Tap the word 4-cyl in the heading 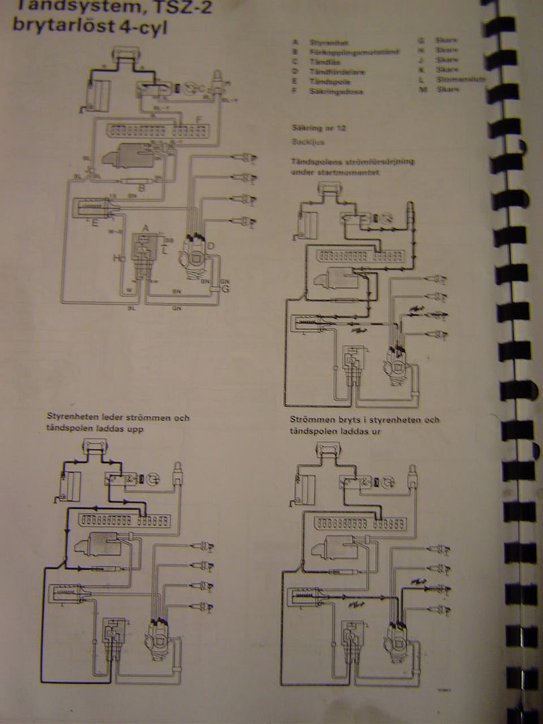pyautogui.click(x=142, y=29)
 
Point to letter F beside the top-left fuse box pyautogui.click(x=198, y=120)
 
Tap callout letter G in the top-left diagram pyautogui.click(x=225, y=289)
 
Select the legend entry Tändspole pyautogui.click(x=329, y=80)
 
